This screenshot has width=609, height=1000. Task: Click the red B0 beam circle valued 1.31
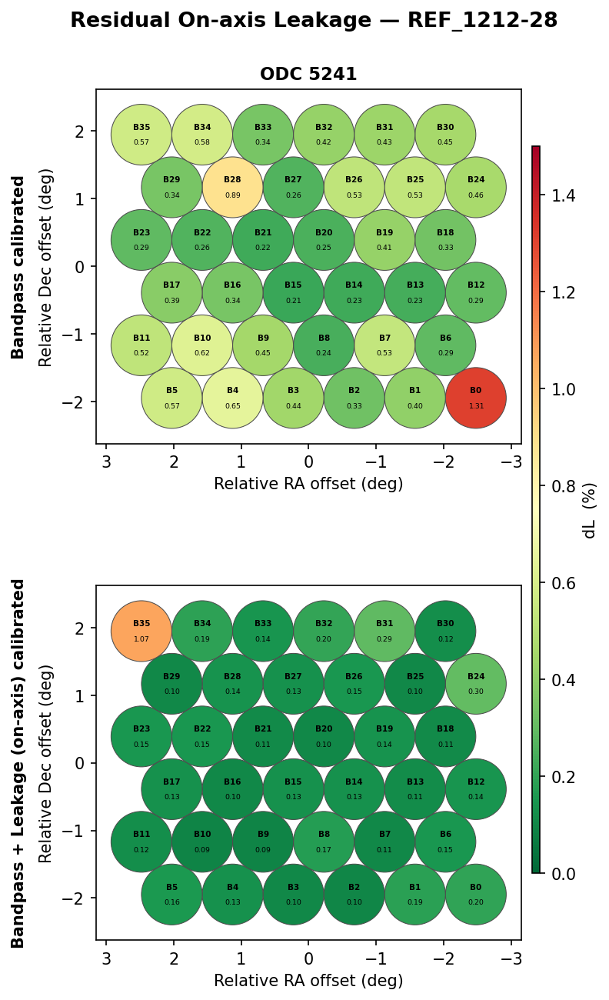pos(476,398)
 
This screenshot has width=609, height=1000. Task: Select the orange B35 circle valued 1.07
pos(141,631)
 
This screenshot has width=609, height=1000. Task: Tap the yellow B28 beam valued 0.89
pos(232,187)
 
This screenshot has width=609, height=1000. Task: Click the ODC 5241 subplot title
pos(308,75)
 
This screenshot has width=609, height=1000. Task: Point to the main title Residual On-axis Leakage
pos(314,21)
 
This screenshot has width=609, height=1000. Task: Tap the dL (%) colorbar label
pos(590,510)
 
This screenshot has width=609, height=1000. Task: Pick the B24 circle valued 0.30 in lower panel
pos(476,684)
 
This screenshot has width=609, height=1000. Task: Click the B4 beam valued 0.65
pos(232,398)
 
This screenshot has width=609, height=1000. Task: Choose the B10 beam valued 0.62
pos(202,345)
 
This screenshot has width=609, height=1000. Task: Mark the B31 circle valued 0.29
pos(384,631)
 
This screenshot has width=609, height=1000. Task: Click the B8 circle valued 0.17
pos(324,842)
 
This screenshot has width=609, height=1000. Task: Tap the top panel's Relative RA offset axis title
pos(308,484)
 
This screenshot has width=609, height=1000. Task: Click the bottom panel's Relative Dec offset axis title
pos(46,763)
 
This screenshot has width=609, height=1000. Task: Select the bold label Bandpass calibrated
pos(18,267)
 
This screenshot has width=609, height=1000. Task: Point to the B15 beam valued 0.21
pos(293,292)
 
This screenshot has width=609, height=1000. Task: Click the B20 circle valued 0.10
pos(324,736)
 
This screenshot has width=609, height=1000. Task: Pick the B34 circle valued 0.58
pos(202,135)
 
